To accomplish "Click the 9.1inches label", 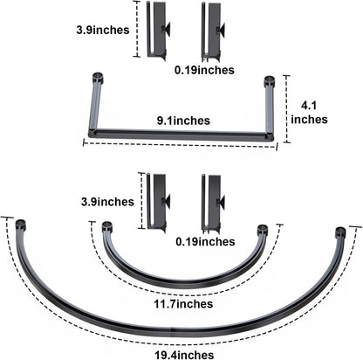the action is click(x=183, y=121).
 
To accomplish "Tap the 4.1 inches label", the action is click(x=309, y=113).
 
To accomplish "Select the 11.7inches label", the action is click(x=183, y=304).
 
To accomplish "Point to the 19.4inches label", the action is click(x=184, y=355).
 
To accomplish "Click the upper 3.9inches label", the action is click(x=103, y=30).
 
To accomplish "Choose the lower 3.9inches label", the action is click(x=107, y=202).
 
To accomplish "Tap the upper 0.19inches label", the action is click(x=204, y=70).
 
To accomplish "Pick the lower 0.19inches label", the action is click(x=205, y=241).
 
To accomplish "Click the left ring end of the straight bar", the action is click(x=98, y=79).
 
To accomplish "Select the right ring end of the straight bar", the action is click(x=270, y=81).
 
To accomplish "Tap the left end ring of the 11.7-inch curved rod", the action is click(x=106, y=226).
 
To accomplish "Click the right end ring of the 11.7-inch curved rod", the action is click(x=262, y=229).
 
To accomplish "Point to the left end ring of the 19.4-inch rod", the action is click(x=21, y=225).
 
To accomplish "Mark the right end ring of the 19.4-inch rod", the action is click(x=339, y=232).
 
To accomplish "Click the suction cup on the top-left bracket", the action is click(x=167, y=29).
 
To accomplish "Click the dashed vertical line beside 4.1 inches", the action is click(x=287, y=109).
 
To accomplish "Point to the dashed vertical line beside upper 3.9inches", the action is click(x=136, y=29).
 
